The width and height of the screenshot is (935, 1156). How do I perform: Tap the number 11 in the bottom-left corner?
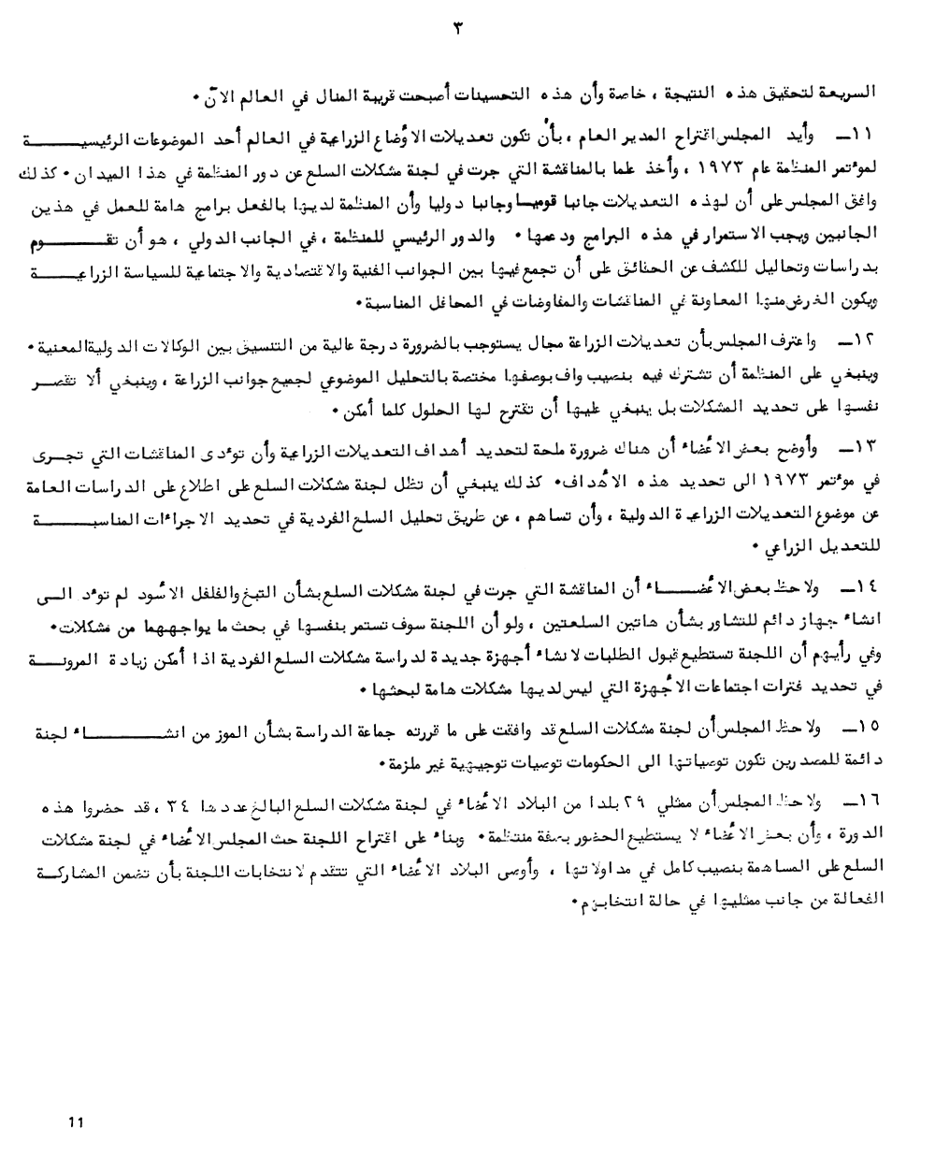click(77, 1121)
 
